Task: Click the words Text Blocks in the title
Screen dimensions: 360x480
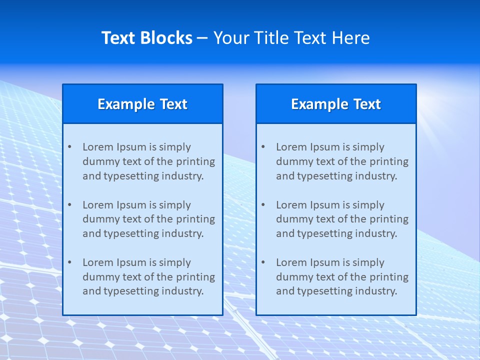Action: click(x=146, y=38)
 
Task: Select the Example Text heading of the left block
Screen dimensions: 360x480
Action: click(x=142, y=104)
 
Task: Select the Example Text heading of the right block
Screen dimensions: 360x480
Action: click(x=336, y=104)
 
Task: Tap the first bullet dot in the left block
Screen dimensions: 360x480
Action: click(x=69, y=147)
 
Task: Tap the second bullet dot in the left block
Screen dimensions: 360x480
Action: click(x=69, y=205)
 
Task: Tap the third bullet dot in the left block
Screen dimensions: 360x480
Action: click(x=69, y=262)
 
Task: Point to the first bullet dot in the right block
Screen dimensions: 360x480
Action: click(x=263, y=147)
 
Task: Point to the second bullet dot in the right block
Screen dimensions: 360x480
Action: click(x=263, y=205)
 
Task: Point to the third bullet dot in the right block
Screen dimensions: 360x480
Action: click(x=263, y=262)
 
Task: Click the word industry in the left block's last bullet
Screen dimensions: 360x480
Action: click(x=183, y=291)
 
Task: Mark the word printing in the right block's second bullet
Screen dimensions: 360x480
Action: click(x=389, y=219)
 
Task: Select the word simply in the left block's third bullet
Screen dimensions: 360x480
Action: click(x=174, y=262)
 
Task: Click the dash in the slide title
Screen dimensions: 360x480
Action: click(x=202, y=38)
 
